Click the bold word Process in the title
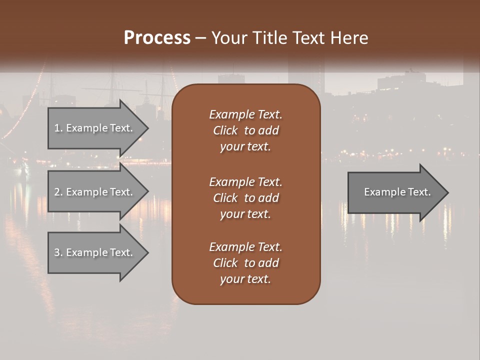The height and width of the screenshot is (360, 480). point(157,38)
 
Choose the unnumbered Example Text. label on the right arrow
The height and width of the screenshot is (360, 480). point(397,192)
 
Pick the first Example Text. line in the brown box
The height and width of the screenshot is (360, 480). point(245,114)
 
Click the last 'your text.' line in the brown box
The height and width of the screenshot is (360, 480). point(245,279)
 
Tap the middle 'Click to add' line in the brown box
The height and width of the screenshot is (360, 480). point(245,198)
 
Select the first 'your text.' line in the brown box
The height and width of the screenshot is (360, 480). point(245,146)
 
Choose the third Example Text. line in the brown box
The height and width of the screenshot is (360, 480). point(245,247)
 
